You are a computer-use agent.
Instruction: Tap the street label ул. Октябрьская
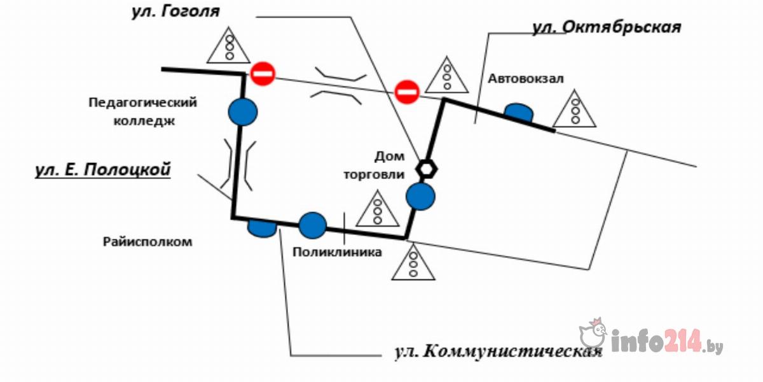pyautogui.click(x=606, y=27)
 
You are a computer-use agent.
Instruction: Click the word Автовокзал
pyautogui.click(x=526, y=78)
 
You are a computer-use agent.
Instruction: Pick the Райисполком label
pyautogui.click(x=147, y=242)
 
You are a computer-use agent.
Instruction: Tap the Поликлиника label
pyautogui.click(x=337, y=252)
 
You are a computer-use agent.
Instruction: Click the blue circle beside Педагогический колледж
pyautogui.click(x=243, y=111)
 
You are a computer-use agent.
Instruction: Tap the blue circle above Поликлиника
pyautogui.click(x=312, y=225)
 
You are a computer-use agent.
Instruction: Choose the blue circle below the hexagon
pyautogui.click(x=420, y=195)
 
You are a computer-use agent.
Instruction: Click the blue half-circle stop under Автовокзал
pyautogui.click(x=519, y=112)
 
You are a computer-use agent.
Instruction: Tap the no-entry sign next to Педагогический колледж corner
pyautogui.click(x=262, y=73)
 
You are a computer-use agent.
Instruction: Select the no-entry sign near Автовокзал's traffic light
pyautogui.click(x=406, y=92)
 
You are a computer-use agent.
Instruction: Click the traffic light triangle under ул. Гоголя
pyautogui.click(x=230, y=46)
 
